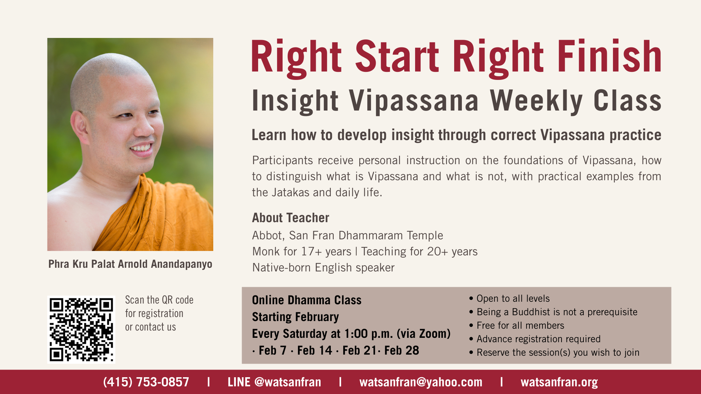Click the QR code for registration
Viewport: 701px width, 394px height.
coord(81,329)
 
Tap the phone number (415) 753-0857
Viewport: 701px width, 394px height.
coord(146,382)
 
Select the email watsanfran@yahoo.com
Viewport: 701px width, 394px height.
coord(421,382)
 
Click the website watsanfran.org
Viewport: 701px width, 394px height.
coord(559,382)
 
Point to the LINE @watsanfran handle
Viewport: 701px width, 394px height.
coord(274,382)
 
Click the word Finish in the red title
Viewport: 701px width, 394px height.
coord(609,57)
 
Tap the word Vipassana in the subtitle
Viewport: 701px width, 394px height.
coord(414,101)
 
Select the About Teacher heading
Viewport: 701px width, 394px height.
coord(291,218)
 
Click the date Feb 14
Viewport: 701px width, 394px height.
coord(315,351)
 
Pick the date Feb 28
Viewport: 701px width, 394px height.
coord(402,351)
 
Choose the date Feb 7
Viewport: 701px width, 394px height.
coord(272,351)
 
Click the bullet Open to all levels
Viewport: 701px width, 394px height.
coord(510,298)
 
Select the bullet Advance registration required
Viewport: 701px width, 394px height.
coord(535,339)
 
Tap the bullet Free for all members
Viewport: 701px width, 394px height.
coord(517,325)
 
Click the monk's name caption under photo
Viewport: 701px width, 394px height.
coord(130,264)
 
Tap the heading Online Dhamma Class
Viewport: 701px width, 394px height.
coord(307,300)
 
